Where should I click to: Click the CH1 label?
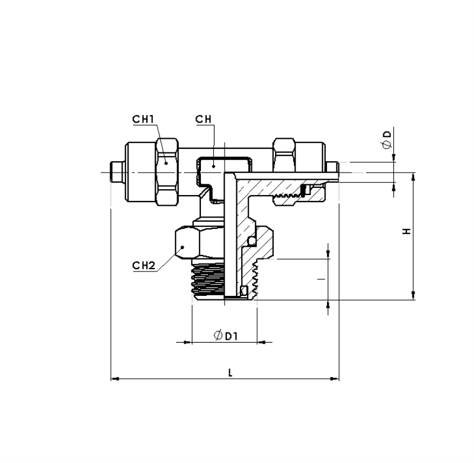click(x=143, y=119)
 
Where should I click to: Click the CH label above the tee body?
click(x=203, y=119)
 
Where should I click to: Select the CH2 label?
click(x=143, y=266)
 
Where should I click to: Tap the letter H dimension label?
click(x=407, y=231)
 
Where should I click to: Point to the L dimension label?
click(x=230, y=372)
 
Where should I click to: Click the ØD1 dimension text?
click(x=226, y=336)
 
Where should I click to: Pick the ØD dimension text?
click(x=387, y=140)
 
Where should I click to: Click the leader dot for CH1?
click(x=166, y=164)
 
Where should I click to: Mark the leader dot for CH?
click(x=213, y=167)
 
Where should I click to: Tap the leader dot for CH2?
click(x=182, y=247)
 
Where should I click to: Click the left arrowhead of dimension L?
click(x=115, y=379)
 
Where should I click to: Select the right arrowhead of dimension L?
click(x=335, y=379)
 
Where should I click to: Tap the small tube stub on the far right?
click(x=332, y=168)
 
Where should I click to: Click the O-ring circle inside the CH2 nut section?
click(x=251, y=241)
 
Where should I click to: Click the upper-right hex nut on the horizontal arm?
click(x=284, y=155)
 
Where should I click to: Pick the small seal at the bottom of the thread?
click(x=244, y=291)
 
